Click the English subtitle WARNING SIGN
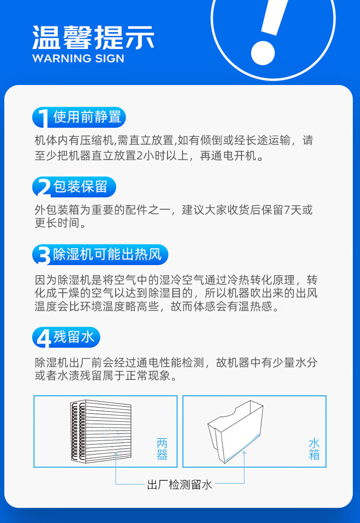point(78,59)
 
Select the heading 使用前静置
point(86,117)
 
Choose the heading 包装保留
point(80,187)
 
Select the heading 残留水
point(73,337)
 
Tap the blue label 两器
point(162,449)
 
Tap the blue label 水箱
point(314,449)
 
